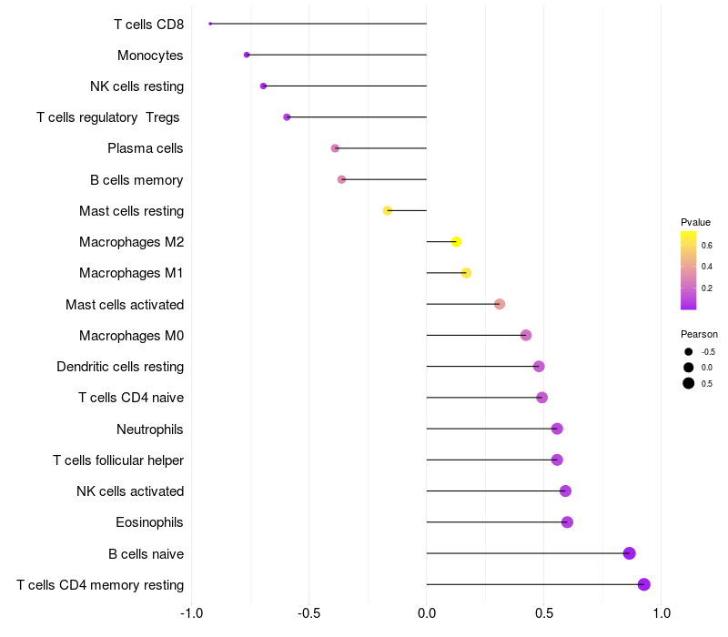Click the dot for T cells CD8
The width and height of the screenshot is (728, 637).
(210, 24)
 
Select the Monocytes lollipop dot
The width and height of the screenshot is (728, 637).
(247, 55)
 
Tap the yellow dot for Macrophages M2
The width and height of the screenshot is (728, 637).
(456, 242)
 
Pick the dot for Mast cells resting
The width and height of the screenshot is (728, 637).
(388, 211)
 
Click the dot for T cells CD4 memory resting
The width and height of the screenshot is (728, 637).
(644, 584)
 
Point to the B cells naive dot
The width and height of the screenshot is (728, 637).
(629, 553)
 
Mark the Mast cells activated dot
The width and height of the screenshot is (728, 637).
(499, 304)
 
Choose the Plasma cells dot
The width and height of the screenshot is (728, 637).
(335, 148)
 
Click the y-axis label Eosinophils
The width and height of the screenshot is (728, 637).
(149, 522)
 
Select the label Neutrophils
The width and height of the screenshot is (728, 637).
(150, 430)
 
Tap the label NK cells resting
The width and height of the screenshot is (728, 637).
(137, 86)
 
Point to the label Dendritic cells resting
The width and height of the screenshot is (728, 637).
(120, 367)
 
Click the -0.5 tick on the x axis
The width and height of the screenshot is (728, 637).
(308, 613)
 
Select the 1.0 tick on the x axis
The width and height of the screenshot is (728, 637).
(662, 613)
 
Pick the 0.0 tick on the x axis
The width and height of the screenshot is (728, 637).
(426, 613)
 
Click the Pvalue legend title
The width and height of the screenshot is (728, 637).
(695, 222)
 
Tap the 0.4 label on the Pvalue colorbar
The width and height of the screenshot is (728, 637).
(707, 267)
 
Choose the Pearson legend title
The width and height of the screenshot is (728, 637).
(699, 334)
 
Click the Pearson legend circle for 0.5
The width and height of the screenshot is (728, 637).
(689, 383)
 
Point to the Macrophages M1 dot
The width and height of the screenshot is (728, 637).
(466, 273)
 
